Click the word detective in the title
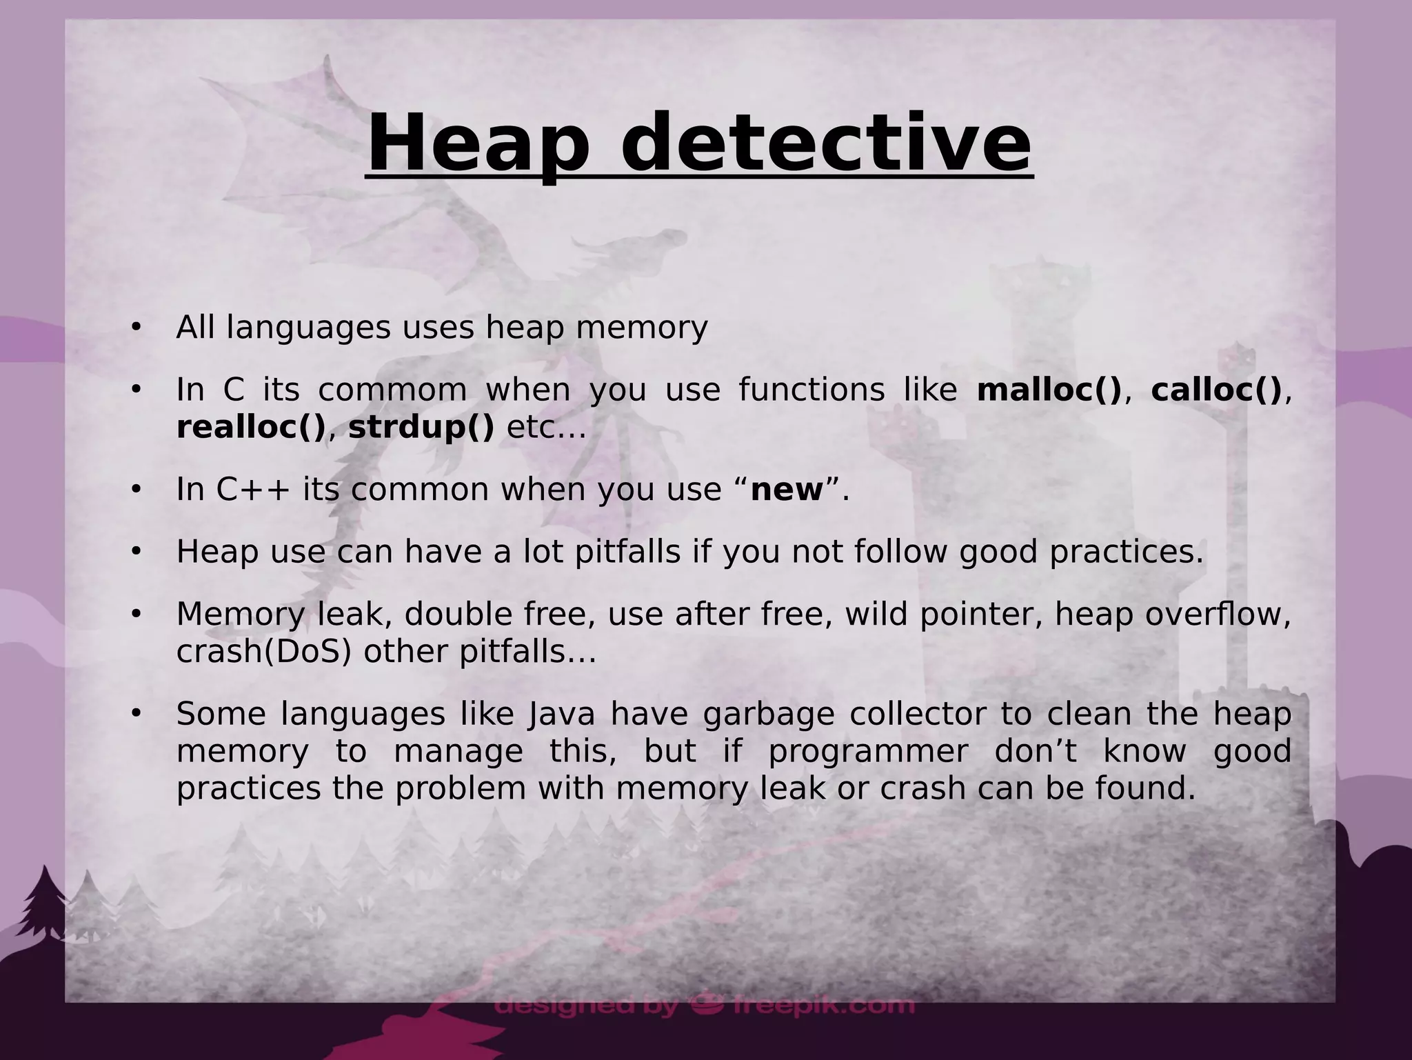pyautogui.click(x=825, y=143)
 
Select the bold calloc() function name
pyautogui.click(x=1216, y=390)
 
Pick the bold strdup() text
pyautogui.click(x=421, y=428)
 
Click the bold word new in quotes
pyautogui.click(x=787, y=490)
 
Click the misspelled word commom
pyautogui.click(x=392, y=390)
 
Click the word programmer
pyautogui.click(x=868, y=752)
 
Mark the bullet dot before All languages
pyautogui.click(x=136, y=328)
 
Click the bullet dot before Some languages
pyautogui.click(x=136, y=714)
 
